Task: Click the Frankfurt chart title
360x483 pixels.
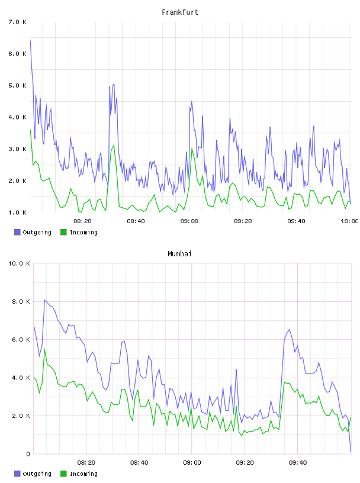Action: point(180,12)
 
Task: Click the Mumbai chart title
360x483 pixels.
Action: point(179,254)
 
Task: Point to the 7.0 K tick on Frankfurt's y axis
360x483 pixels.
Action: point(18,22)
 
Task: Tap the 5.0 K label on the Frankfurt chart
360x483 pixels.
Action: point(18,85)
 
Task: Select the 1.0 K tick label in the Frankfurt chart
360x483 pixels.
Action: point(18,212)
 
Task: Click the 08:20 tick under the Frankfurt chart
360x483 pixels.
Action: point(83,221)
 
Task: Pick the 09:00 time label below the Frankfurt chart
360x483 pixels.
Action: point(189,221)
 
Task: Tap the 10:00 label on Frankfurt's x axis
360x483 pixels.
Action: point(349,221)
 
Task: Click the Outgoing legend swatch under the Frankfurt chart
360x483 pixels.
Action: point(17,232)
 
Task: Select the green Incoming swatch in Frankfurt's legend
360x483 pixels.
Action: point(63,232)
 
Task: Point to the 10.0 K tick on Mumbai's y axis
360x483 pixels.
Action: point(19,263)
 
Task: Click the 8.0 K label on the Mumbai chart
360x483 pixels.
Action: point(21,301)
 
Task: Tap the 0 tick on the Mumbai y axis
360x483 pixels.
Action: point(28,454)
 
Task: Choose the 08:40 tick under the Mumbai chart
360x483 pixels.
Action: point(139,462)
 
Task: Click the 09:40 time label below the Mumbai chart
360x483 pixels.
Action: point(298,462)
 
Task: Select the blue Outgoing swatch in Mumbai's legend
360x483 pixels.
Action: point(17,474)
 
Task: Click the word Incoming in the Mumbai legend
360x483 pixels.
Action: point(83,474)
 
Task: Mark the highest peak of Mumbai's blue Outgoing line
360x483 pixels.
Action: point(44,300)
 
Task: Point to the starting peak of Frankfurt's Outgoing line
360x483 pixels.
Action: point(30,40)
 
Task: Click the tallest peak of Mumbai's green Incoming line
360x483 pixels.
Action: point(44,349)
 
